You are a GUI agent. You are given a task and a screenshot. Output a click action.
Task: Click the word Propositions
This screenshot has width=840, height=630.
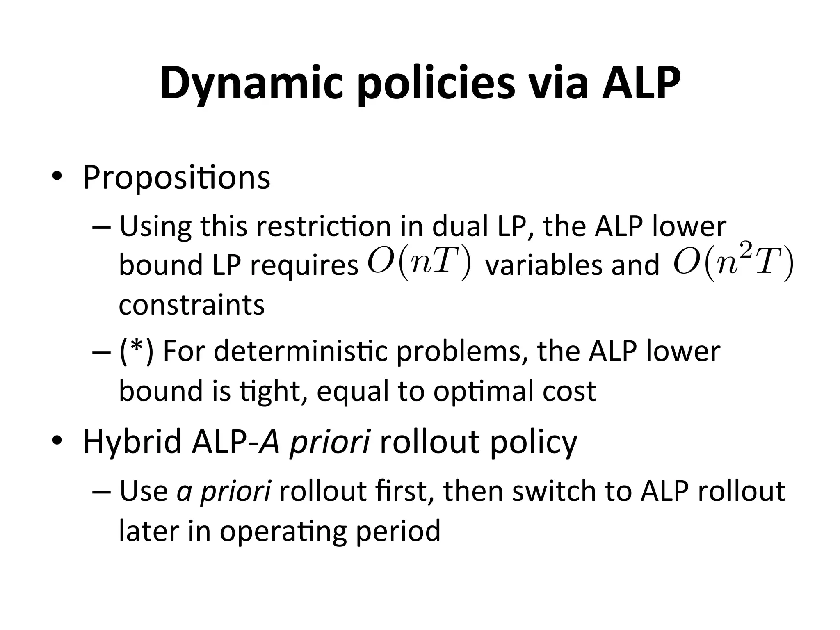[x=176, y=177]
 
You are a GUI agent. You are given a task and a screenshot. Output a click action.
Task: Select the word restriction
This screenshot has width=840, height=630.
[x=324, y=226]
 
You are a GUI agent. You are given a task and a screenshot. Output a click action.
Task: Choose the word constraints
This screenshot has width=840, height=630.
[x=192, y=305]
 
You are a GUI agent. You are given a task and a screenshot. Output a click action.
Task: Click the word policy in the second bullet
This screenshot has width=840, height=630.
[x=534, y=442]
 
